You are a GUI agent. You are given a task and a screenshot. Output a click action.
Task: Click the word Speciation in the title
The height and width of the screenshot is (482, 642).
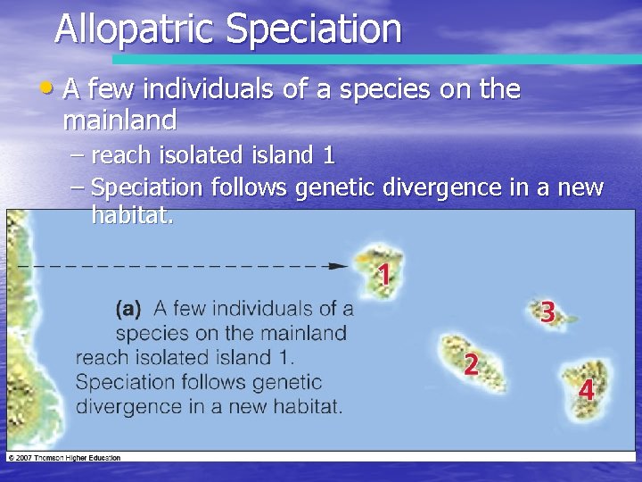point(313,29)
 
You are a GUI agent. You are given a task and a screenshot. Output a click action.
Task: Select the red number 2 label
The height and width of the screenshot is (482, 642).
point(471,363)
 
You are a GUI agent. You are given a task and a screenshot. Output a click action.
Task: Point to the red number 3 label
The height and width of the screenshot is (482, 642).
point(548,312)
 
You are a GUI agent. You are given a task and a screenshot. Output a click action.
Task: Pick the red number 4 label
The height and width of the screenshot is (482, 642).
point(586,390)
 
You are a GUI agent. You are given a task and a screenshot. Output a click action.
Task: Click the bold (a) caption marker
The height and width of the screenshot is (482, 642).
point(128,309)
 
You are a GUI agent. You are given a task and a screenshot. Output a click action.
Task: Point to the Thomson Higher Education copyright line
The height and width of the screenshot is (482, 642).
point(63,457)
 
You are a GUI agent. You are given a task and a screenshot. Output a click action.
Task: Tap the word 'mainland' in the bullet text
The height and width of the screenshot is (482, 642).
point(119,119)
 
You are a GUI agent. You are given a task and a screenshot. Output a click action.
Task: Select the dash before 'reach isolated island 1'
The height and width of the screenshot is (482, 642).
point(78,155)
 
